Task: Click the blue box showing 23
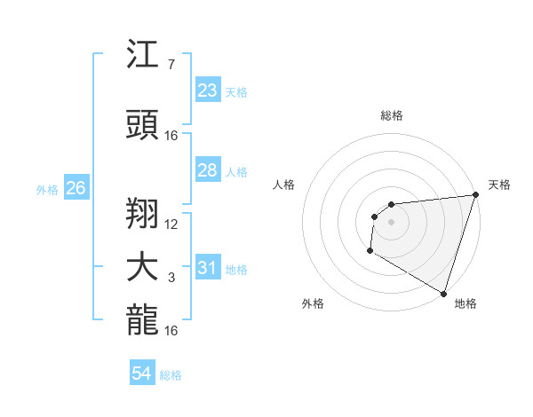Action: [207, 90]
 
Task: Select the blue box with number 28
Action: [207, 170]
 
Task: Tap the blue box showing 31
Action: [207, 268]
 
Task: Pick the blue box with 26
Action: [76, 188]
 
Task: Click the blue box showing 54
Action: [141, 374]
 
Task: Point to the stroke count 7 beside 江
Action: [171, 65]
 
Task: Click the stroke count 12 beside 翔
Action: [171, 224]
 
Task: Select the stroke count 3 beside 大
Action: [171, 278]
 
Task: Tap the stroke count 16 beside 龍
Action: [171, 331]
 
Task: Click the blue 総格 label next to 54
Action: [171, 375]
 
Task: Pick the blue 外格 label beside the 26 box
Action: [47, 189]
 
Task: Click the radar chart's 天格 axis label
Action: [499, 185]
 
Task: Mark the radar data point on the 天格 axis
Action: [475, 195]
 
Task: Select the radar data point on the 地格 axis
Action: [443, 294]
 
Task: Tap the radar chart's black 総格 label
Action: [391, 115]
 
